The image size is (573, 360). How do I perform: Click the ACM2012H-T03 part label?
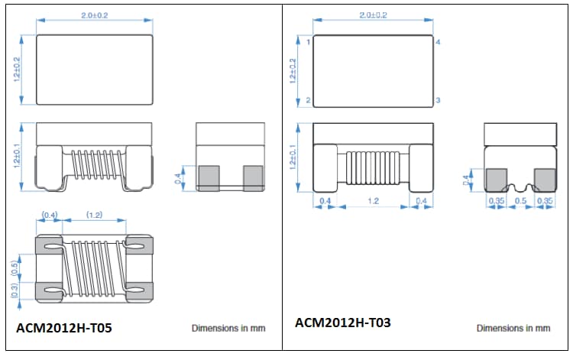point(343,323)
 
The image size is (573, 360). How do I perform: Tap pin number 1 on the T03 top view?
point(308,42)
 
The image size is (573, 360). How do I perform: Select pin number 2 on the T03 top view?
point(308,101)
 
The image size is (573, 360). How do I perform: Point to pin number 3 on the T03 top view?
point(438,101)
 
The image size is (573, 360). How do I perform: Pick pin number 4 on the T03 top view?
point(438,42)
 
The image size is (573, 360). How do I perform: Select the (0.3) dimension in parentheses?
point(15,290)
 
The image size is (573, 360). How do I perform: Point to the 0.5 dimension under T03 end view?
point(519,200)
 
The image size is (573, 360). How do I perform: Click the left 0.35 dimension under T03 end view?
point(496,200)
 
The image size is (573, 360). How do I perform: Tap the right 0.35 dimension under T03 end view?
point(544,200)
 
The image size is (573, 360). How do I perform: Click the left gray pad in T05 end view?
point(209,178)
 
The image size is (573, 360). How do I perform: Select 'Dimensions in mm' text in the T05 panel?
point(228,328)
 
